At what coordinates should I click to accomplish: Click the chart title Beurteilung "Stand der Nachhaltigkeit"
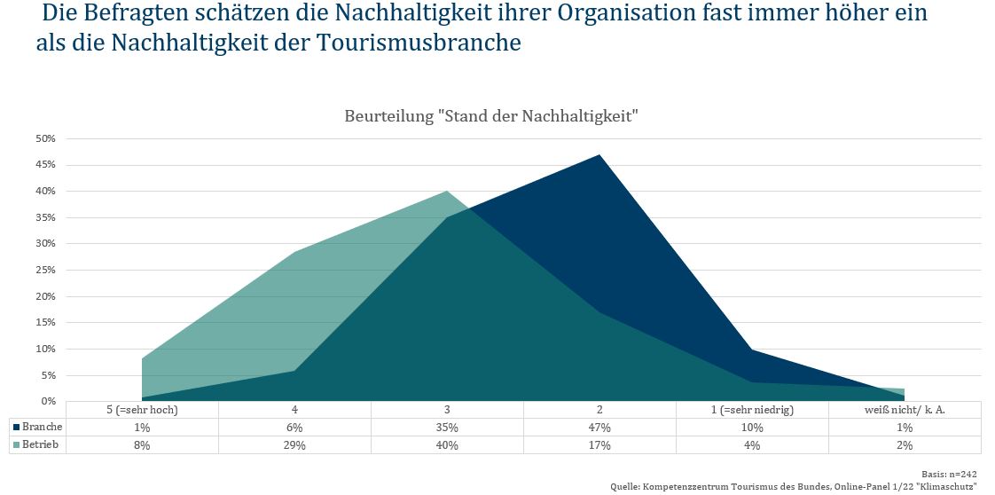coord(491,117)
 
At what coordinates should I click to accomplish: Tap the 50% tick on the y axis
coord(45,139)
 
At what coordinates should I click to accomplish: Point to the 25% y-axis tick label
coord(45,271)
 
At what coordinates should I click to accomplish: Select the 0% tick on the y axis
coord(48,402)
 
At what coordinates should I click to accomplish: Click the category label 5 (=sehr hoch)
coord(142,410)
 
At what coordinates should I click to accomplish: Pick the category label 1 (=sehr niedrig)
coord(752,410)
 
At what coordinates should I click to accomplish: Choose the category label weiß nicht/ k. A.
coord(905,410)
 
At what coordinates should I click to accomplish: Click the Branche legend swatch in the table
coord(17,427)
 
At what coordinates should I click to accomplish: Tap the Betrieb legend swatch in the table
coord(17,444)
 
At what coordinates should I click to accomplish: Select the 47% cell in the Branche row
coord(599,428)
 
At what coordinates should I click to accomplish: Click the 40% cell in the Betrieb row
coord(447,445)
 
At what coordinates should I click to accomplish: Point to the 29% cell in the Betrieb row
coord(294,445)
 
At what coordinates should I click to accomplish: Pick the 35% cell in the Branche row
coord(447,428)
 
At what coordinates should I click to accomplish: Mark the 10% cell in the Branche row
coord(752,428)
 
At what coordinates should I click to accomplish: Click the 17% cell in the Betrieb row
coord(599,445)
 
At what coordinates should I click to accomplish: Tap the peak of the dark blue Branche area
coord(600,155)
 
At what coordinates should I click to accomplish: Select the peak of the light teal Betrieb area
coord(447,191)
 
